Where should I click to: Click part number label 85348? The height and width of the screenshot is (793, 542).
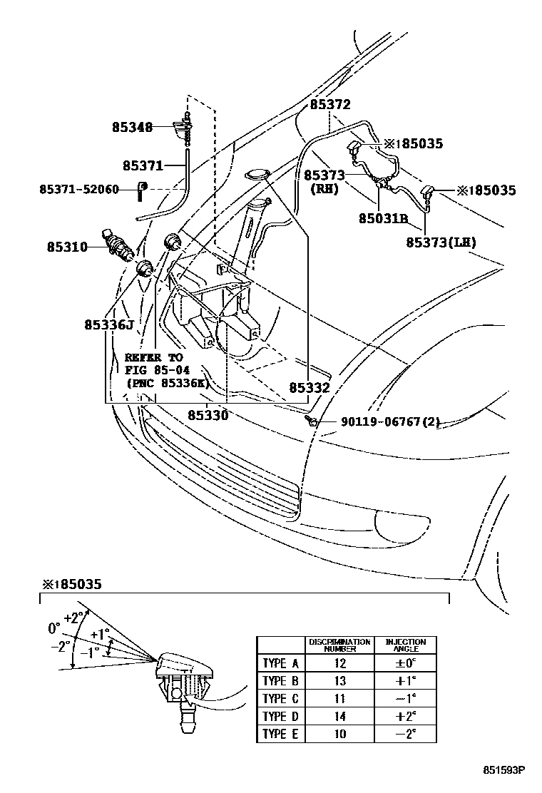[x=132, y=128]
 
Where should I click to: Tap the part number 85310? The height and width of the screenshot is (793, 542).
[x=67, y=247]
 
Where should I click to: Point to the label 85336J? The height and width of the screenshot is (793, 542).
[x=109, y=324]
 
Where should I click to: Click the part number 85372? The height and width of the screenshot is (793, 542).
[x=329, y=104]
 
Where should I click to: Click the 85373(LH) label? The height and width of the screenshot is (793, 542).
[x=441, y=242]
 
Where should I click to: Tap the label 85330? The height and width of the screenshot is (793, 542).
[x=208, y=414]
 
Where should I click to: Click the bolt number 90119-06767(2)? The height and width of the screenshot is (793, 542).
[x=380, y=422]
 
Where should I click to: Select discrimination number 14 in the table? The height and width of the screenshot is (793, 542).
[x=339, y=716]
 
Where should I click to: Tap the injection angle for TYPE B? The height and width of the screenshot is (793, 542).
[x=406, y=681]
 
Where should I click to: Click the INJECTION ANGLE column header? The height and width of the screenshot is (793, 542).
[x=406, y=645]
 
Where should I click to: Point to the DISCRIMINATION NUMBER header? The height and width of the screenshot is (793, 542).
[x=339, y=645]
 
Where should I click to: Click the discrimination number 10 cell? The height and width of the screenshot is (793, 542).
[x=339, y=734]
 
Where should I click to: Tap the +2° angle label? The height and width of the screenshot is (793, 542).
[x=73, y=618]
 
